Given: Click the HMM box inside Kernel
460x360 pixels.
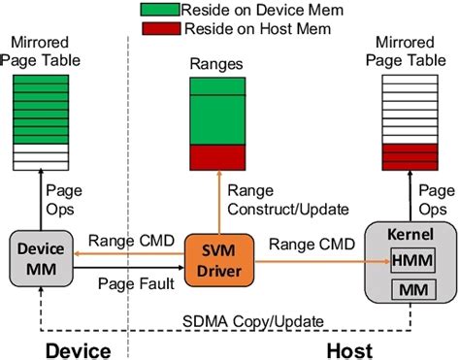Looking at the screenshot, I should click(x=409, y=259).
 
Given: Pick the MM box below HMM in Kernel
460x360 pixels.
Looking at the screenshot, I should click(x=409, y=288).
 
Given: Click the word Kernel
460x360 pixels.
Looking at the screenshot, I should click(x=409, y=236).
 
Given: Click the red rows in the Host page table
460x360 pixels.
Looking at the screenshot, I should click(x=408, y=153).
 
